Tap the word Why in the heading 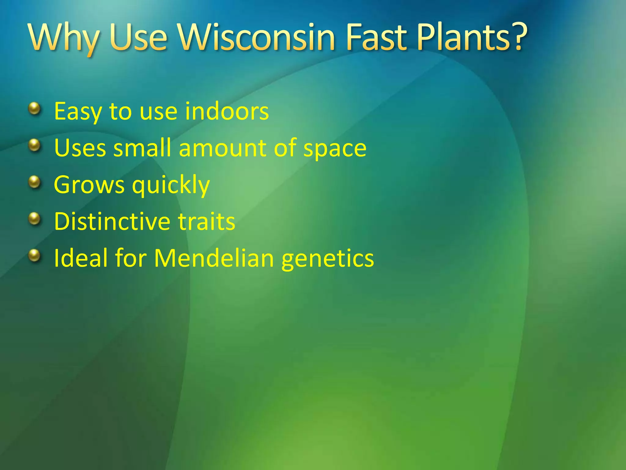coord(64,38)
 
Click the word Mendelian coord(214,258)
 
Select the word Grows coord(89,185)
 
